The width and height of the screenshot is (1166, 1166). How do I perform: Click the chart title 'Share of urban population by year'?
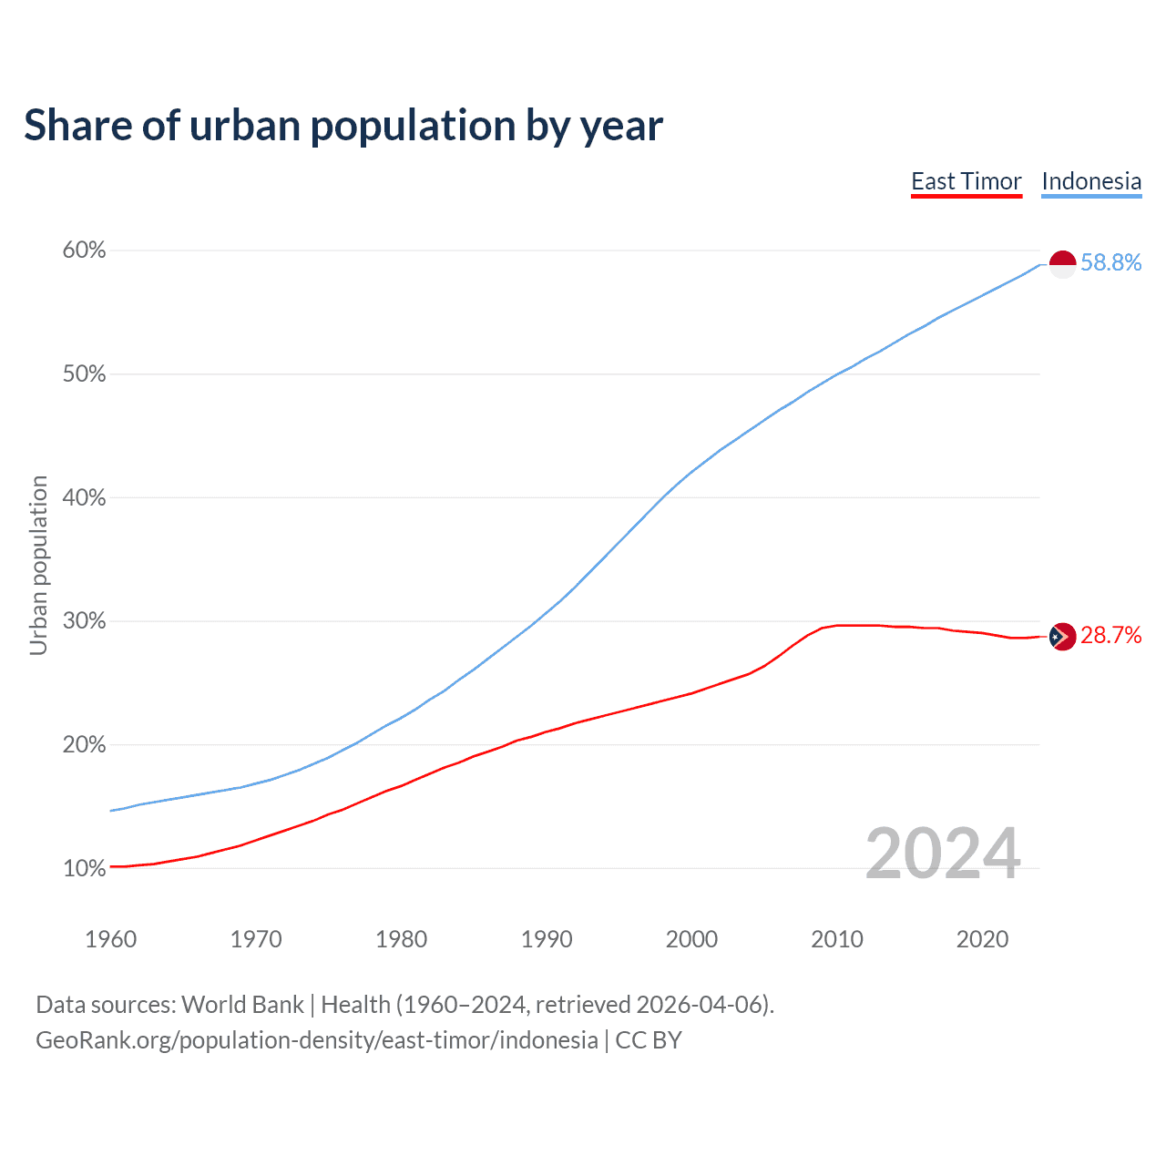coord(343,126)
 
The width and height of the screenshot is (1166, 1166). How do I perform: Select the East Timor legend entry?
coord(967,181)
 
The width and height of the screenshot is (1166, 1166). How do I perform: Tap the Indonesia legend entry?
coord(1091,181)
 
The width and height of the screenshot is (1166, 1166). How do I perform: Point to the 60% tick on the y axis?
coord(84,250)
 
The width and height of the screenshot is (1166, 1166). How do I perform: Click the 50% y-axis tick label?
coord(84,373)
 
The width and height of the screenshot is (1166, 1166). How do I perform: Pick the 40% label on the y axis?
coord(84,497)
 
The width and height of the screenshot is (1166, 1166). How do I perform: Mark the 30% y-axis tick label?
coord(84,621)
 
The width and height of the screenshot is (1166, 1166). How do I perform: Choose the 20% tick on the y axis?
coord(84,744)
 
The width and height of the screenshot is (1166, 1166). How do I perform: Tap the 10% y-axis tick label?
coord(84,868)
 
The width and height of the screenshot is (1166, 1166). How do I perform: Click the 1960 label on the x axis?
coord(111,939)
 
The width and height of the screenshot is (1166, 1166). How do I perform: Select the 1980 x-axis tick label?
coord(402,939)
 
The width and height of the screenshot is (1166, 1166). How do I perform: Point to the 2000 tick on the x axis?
coord(692,939)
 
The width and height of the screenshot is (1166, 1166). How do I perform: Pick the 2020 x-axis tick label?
coord(982,939)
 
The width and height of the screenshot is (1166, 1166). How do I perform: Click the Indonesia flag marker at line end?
coord(1063,264)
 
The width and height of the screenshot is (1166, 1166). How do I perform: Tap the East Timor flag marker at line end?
coord(1063,637)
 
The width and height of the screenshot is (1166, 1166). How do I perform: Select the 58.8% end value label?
coord(1111,263)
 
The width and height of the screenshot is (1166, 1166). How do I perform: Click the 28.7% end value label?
coord(1111,636)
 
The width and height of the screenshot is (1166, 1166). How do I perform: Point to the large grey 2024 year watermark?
coord(943,854)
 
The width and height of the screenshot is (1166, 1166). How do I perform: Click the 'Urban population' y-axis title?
coord(38,565)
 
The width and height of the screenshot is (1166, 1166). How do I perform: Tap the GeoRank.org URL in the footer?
coord(316,1040)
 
